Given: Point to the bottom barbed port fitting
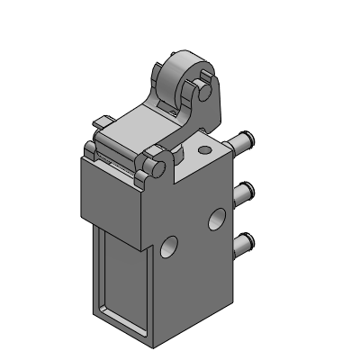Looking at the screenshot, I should pyautogui.click(x=241, y=241).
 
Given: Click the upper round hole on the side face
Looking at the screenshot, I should pyautogui.click(x=217, y=219).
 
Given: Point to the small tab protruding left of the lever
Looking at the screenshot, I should pyautogui.click(x=100, y=121).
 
